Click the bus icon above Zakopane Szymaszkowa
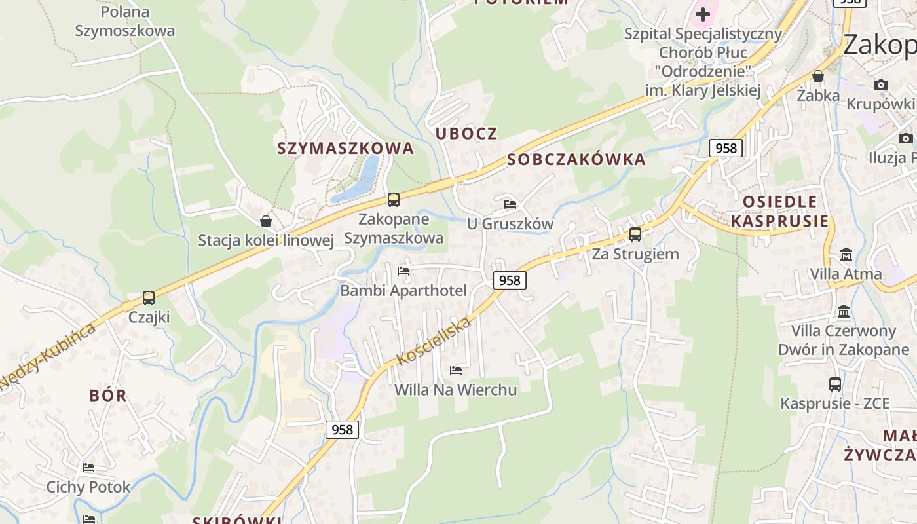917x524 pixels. point(393,199)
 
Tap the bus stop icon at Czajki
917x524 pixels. point(149,298)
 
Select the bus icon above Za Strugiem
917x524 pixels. point(635,234)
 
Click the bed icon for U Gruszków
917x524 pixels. point(510,204)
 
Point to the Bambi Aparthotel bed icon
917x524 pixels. point(403,271)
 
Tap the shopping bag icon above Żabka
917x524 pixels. point(817,76)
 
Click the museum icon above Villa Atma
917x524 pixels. point(846,254)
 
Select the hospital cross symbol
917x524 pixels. point(703,14)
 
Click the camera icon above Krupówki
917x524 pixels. point(881,84)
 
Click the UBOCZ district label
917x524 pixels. point(466,134)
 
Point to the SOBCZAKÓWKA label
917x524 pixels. point(576,160)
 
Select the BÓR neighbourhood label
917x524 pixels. point(108,396)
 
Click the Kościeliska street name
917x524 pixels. point(434,341)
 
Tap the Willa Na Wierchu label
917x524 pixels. point(455,390)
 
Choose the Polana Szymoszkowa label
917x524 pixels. point(125,21)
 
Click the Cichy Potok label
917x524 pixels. point(88,487)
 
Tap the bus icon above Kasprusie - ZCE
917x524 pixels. point(834,384)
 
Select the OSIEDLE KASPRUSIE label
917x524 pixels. point(779,211)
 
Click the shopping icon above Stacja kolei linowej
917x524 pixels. point(266,221)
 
